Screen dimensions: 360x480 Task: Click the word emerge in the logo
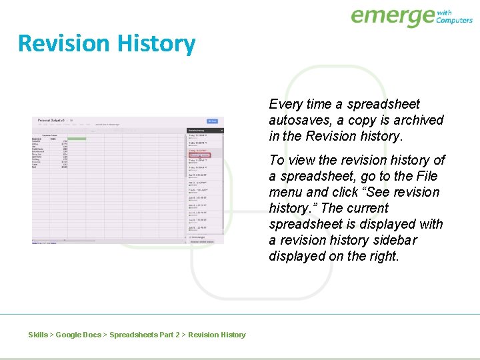pos(392,16)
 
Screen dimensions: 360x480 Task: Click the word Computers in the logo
pos(454,20)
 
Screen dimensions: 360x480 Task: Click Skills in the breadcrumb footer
pos(38,335)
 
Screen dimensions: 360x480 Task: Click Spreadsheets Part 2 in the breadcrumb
pos(144,335)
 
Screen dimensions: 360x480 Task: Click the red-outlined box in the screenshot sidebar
pos(199,155)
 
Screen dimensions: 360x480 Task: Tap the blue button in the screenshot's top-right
pos(212,121)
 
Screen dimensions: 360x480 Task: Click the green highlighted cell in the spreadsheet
pos(77,139)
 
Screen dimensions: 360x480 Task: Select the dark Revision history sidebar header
pos(204,131)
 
